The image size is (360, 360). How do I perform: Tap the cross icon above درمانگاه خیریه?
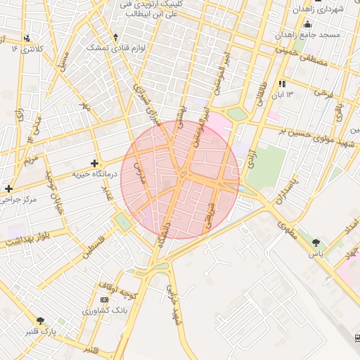(95, 163)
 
